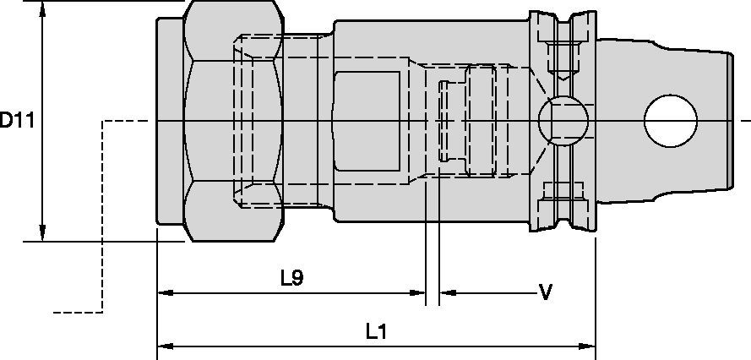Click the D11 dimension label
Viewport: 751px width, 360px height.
pos(16,121)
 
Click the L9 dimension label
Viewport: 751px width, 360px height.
pos(291,276)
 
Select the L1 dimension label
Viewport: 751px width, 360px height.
pos(376,331)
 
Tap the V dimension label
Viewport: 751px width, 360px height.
pos(546,292)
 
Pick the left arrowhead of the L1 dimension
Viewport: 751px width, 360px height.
pos(164,346)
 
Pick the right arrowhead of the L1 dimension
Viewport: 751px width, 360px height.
pos(590,346)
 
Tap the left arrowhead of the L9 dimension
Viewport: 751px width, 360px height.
pos(164,293)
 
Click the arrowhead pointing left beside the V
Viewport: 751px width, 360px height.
pos(446,293)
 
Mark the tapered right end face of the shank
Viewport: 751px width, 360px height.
pos(728,121)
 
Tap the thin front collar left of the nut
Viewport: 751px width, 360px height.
pos(169,121)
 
